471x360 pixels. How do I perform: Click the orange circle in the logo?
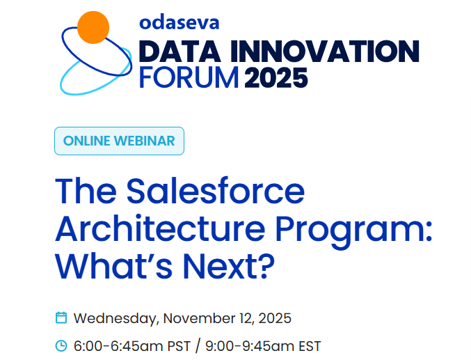click(x=93, y=27)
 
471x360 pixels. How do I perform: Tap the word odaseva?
click(x=179, y=22)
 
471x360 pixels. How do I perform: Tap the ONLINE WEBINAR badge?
click(x=119, y=141)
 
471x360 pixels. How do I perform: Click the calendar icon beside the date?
click(x=61, y=318)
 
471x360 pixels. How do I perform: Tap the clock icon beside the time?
click(x=61, y=345)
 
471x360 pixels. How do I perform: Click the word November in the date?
click(x=197, y=319)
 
